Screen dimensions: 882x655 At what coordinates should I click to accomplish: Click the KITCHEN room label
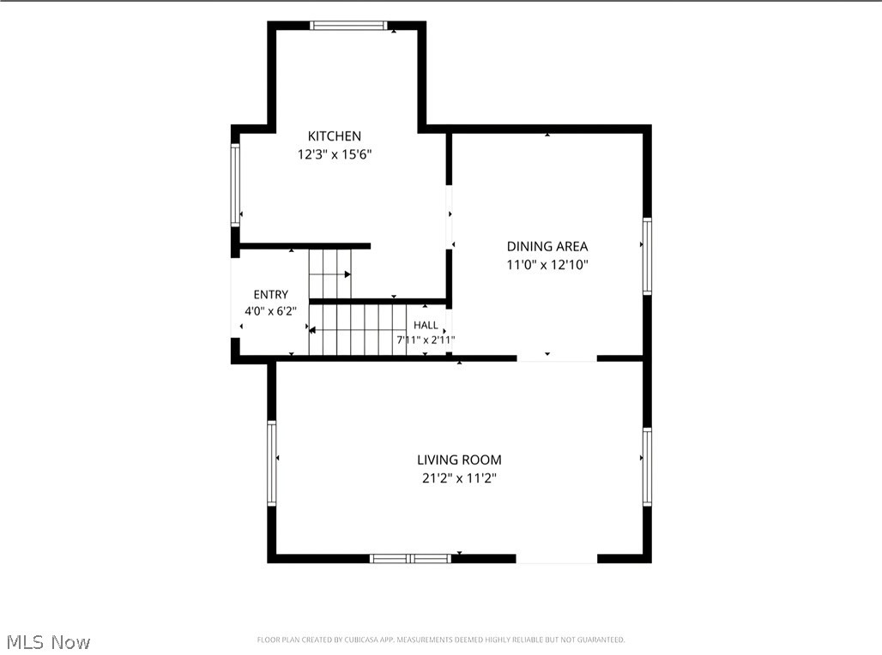[x=334, y=136]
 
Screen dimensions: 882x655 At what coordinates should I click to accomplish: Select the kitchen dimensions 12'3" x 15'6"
[x=335, y=154]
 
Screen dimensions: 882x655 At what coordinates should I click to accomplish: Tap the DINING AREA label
[x=547, y=246]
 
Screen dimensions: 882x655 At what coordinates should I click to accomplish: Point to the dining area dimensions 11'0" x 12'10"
[x=547, y=265]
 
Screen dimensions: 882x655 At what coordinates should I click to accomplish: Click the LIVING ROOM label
[x=459, y=460]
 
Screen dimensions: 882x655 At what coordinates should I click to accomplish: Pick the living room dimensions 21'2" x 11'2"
[x=460, y=478]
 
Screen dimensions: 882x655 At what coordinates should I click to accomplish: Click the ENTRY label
[x=270, y=295]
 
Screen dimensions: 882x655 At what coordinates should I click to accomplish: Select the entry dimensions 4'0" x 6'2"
[x=270, y=311]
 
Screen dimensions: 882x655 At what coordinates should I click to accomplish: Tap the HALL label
[x=426, y=325]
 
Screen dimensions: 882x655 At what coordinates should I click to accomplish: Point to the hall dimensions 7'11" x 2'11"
[x=426, y=340]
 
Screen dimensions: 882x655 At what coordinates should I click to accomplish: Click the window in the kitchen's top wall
[x=348, y=26]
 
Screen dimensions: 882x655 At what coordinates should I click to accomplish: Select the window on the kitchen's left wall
[x=235, y=185]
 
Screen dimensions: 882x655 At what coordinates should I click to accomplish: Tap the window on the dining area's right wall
[x=647, y=255]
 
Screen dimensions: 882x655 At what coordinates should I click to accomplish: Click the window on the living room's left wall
[x=272, y=463]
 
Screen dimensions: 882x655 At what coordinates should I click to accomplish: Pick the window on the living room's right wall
[x=647, y=466]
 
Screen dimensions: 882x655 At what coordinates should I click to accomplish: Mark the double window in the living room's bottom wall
[x=411, y=558]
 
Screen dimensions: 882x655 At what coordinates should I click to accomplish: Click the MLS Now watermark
[x=48, y=642]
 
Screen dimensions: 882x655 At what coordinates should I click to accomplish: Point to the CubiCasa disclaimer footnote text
[x=441, y=640]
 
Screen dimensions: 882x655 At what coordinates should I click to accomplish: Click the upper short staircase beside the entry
[x=330, y=273]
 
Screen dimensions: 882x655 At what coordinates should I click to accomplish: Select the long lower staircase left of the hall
[x=358, y=330]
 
